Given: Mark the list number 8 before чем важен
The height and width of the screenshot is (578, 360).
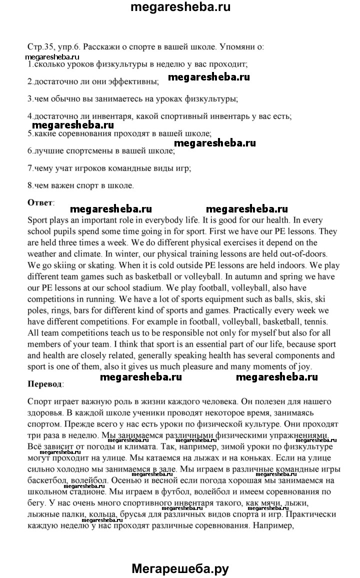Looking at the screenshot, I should [x=30, y=185].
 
